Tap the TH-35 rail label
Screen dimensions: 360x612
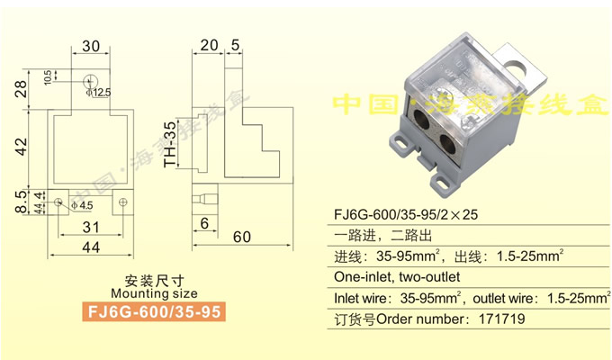coord(169,144)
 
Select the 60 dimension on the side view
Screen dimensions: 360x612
coord(241,238)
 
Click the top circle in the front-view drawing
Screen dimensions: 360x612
coord(90,78)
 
